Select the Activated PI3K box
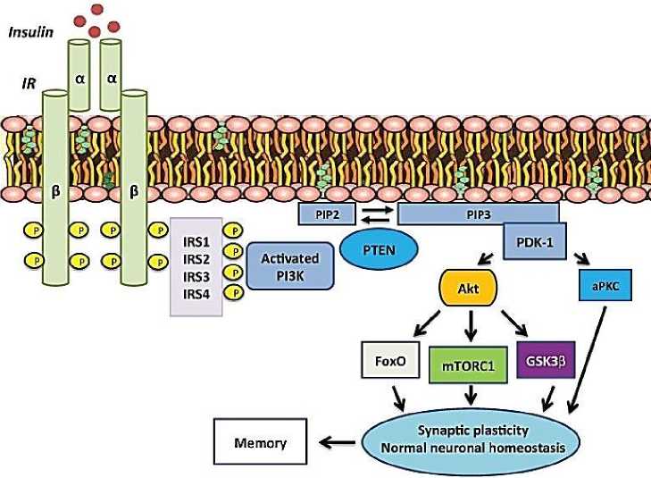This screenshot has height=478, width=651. pyautogui.click(x=289, y=264)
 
